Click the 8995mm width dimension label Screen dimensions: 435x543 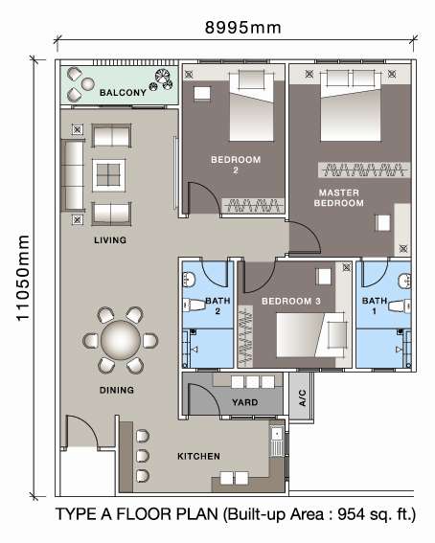tap(242, 28)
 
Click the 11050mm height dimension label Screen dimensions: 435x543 tap(23, 278)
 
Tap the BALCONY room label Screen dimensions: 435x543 tap(123, 93)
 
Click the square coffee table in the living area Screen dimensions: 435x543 tap(108, 175)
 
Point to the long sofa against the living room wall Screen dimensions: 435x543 tap(73, 175)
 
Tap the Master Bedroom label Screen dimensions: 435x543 tap(339, 197)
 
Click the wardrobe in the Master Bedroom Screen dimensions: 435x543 tap(364, 170)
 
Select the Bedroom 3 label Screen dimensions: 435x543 tap(291, 302)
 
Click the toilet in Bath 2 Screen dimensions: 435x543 tap(195, 305)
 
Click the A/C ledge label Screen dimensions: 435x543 tap(302, 397)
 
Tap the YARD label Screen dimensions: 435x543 tap(245, 402)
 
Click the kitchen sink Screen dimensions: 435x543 tap(277, 441)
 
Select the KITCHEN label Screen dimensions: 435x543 tap(198, 457)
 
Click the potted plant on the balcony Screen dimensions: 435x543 tap(163, 79)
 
